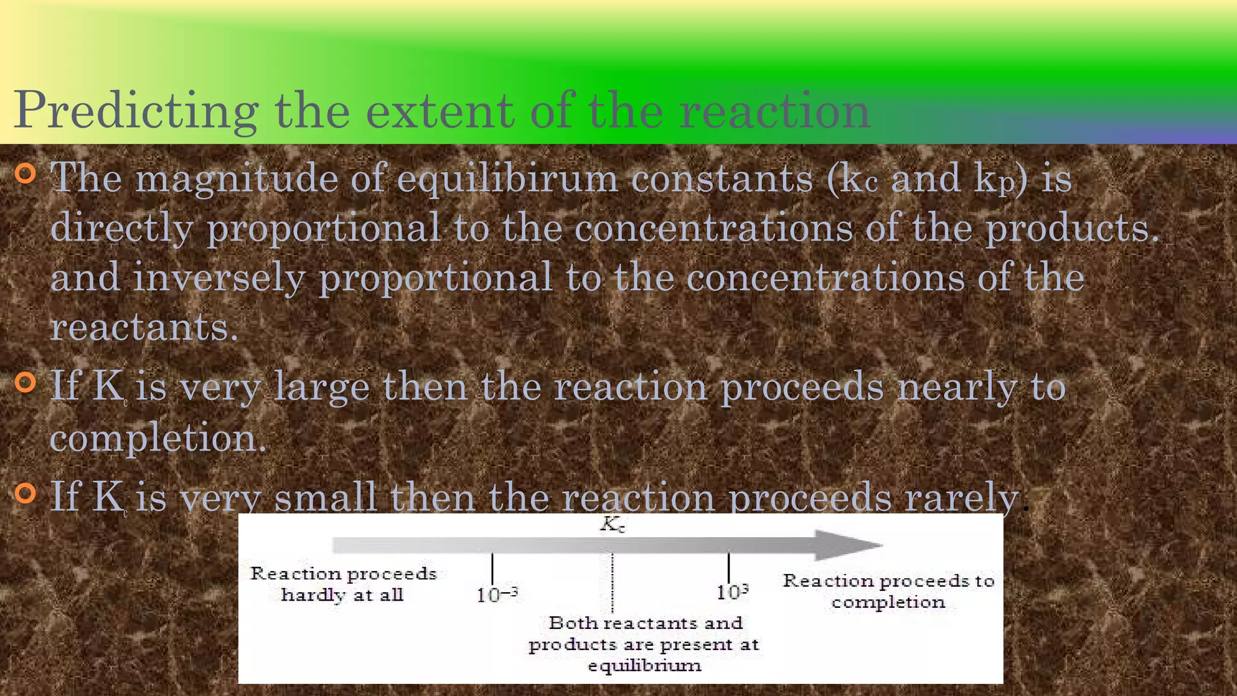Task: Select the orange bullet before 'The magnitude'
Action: [x=25, y=174]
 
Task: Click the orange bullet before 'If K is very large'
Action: [x=25, y=382]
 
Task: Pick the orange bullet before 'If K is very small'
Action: [x=25, y=493]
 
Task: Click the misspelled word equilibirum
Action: [x=507, y=179]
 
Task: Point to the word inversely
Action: [x=219, y=278]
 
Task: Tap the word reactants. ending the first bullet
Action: [x=144, y=328]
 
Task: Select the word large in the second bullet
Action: [x=321, y=387]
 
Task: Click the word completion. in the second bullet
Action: [x=158, y=438]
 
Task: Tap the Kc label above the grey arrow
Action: [x=612, y=524]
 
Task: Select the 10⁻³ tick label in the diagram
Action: [x=496, y=594]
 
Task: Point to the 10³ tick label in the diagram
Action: [x=732, y=592]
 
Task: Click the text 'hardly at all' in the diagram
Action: [x=342, y=595]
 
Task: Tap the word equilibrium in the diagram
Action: [x=644, y=666]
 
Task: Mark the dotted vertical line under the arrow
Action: [x=612, y=583]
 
